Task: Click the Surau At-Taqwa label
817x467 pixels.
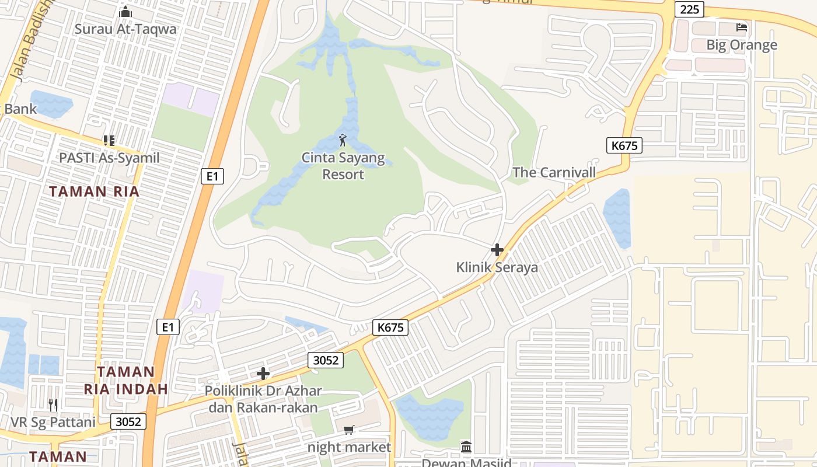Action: [125, 29]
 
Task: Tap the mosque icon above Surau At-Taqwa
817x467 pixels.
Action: [125, 12]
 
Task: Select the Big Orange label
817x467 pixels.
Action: [742, 45]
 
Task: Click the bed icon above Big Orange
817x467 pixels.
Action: [742, 27]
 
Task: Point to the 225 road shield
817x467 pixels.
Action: [689, 9]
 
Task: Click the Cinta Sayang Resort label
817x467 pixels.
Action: [343, 166]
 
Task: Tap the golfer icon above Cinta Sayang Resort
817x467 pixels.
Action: [343, 140]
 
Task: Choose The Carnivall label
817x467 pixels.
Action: [554, 172]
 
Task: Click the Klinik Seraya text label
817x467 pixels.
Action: [497, 267]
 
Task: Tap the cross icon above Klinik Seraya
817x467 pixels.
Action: [497, 250]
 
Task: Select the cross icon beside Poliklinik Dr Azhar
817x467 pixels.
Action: [263, 374]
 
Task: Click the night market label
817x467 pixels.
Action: [350, 447]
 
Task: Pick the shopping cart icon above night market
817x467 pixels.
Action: [349, 430]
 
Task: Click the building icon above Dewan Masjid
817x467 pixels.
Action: [466, 447]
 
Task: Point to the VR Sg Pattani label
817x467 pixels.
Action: [53, 422]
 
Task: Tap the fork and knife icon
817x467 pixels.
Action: [53, 405]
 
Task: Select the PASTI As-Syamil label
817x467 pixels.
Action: [109, 158]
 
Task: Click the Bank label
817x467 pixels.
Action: [20, 109]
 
